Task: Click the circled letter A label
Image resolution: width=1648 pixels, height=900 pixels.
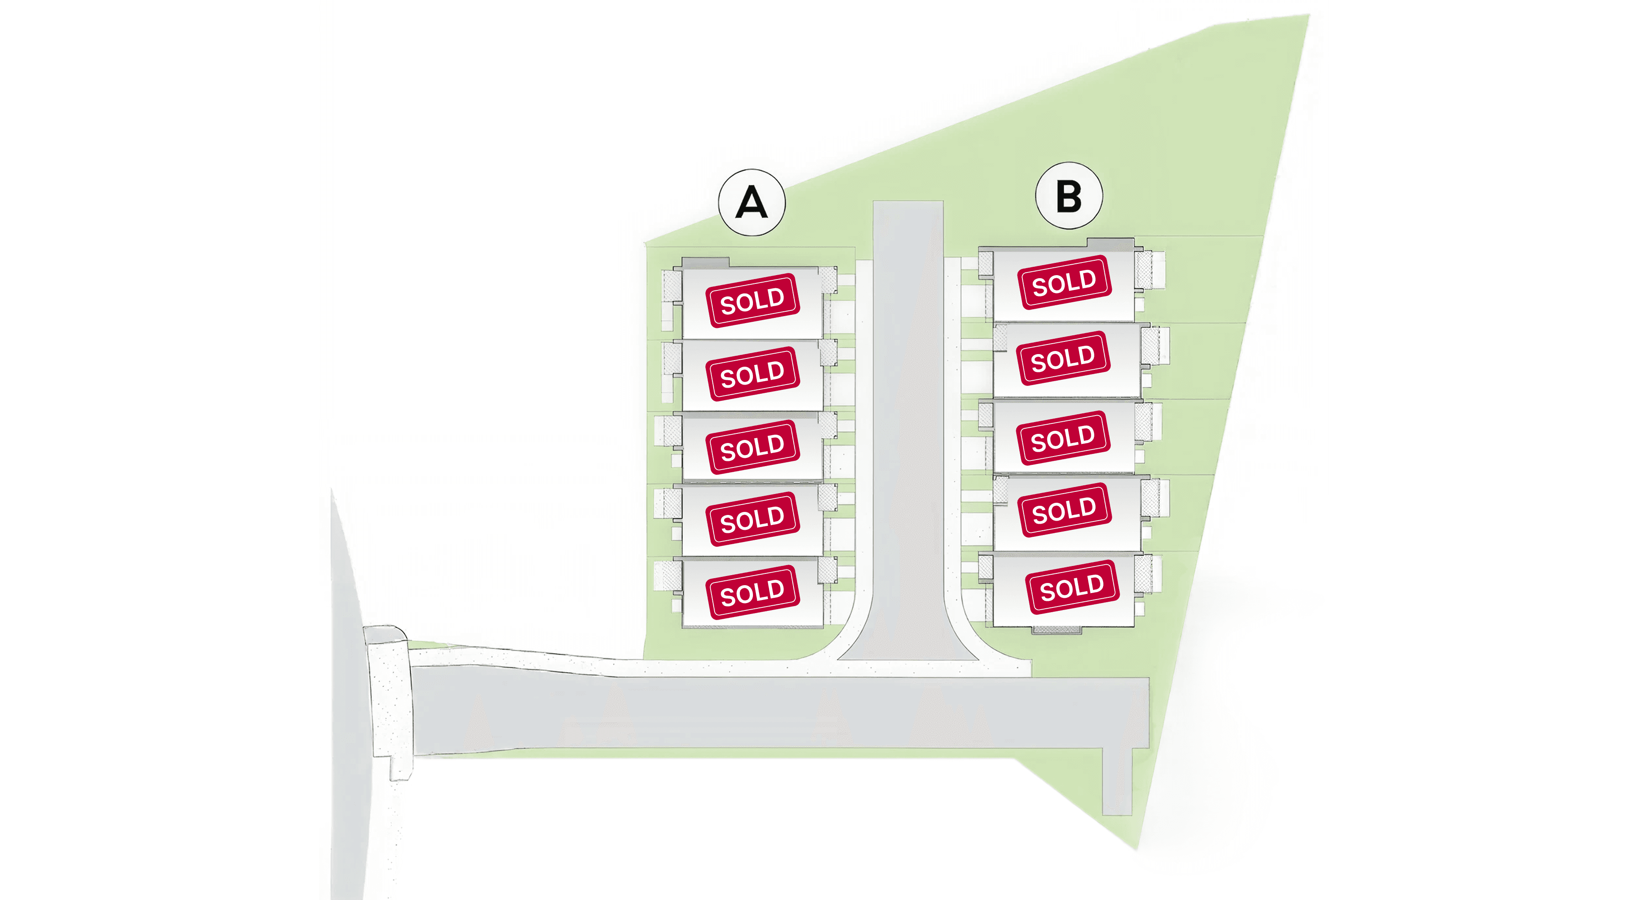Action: point(752,202)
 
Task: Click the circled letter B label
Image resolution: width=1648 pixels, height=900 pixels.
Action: point(1069,196)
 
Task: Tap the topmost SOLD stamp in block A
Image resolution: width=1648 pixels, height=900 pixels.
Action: point(753,300)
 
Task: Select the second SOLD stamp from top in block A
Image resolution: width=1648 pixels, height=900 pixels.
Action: point(753,374)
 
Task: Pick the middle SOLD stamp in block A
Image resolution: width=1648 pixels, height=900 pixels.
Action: point(753,447)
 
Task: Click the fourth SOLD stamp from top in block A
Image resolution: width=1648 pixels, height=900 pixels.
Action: point(753,519)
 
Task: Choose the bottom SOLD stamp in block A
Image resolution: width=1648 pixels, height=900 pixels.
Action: point(753,592)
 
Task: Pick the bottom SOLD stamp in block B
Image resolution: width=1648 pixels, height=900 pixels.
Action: point(1072,586)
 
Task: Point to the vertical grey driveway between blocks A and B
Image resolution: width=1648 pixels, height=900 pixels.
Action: point(908,416)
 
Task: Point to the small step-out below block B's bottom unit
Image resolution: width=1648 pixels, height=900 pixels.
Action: point(1057,631)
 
